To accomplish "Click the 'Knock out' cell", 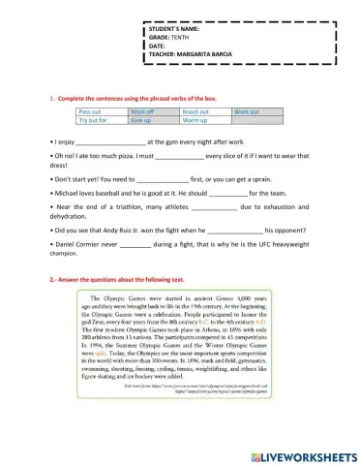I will (196, 112).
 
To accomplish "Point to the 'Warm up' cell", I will (195, 121).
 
